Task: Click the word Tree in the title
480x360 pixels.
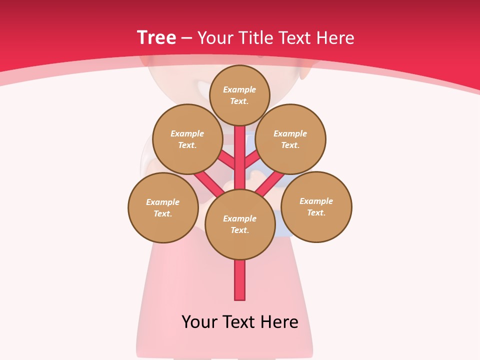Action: pyautogui.click(x=156, y=37)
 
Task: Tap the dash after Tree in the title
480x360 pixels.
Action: pyautogui.click(x=186, y=38)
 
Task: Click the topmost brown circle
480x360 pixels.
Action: pyautogui.click(x=239, y=95)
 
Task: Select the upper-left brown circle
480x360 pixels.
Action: pyautogui.click(x=187, y=139)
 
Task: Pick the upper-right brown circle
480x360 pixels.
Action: pyautogui.click(x=290, y=139)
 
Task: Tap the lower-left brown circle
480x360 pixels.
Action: pyautogui.click(x=163, y=207)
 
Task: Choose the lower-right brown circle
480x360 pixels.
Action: pyautogui.click(x=316, y=206)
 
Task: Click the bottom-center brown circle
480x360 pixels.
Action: pyautogui.click(x=240, y=224)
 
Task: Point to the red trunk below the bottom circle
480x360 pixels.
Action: pyautogui.click(x=240, y=280)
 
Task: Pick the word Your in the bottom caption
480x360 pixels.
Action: pyautogui.click(x=199, y=321)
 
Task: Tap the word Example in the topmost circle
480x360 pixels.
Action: pyautogui.click(x=239, y=89)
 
